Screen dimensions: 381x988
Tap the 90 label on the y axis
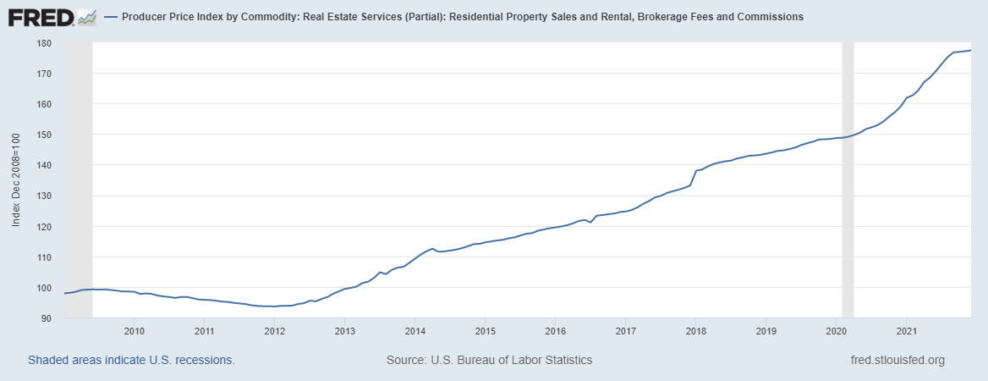(x=47, y=318)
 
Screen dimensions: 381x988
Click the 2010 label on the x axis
(x=134, y=330)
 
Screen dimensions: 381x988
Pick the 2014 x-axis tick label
(x=414, y=330)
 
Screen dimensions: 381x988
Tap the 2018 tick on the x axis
(x=695, y=330)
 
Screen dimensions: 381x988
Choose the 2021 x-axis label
(x=906, y=330)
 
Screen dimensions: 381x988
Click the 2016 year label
(x=555, y=330)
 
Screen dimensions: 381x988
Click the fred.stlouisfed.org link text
(x=897, y=360)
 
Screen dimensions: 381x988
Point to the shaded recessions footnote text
(x=131, y=360)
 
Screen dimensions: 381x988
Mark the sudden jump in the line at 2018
(x=694, y=178)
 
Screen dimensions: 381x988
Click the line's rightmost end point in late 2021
(x=970, y=51)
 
